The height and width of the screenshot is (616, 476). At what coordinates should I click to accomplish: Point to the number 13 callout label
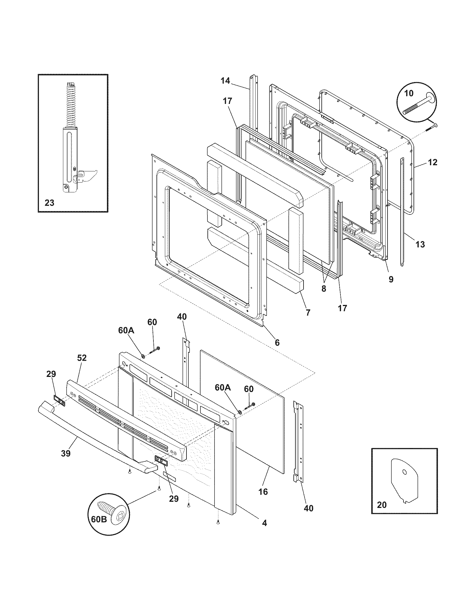pos(420,244)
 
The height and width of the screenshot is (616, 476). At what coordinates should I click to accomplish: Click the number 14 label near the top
pos(225,81)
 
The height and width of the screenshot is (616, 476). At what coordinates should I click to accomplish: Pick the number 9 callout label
pos(391,279)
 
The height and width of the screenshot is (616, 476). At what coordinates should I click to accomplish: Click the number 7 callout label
pos(308,312)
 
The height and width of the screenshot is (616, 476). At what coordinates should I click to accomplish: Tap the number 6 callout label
pos(277,342)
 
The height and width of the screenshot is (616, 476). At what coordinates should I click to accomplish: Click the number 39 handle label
pos(66,453)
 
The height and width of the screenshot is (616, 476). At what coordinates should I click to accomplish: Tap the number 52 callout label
pos(82,358)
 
